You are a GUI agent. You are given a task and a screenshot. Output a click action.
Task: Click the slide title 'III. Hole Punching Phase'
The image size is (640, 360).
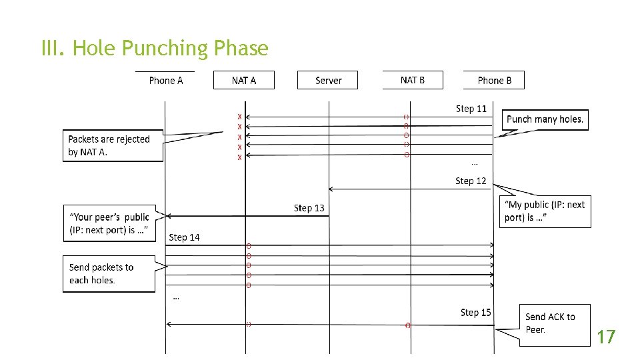[x=155, y=49]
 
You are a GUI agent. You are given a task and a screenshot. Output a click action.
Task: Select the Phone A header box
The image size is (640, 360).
[x=165, y=80]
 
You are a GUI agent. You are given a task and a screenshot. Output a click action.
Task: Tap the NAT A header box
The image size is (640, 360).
[x=243, y=80]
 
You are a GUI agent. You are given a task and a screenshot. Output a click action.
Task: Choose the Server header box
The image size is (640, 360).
[x=328, y=80]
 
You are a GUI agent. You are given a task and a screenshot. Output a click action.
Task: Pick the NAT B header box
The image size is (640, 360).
[x=412, y=80]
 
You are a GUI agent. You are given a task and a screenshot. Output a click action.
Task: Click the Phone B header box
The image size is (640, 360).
[x=494, y=80]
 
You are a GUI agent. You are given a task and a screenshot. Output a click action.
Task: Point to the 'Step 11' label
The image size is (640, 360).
[x=471, y=109]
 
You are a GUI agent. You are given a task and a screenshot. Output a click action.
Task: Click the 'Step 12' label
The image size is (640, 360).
[x=471, y=181]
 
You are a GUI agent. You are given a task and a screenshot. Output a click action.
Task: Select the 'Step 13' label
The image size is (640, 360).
[x=309, y=208]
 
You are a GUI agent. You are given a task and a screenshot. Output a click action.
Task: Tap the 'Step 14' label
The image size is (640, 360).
[x=184, y=237]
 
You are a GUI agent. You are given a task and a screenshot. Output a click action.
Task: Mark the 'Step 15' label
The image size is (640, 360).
[x=475, y=312]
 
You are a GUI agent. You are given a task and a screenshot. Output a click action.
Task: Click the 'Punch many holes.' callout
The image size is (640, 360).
[x=545, y=119]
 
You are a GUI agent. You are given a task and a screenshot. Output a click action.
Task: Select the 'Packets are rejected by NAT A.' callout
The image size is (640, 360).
[x=113, y=145]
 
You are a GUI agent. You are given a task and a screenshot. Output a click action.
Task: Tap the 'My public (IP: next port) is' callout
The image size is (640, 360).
[x=545, y=211]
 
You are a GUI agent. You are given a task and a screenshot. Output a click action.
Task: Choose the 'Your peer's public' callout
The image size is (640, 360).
[x=109, y=223]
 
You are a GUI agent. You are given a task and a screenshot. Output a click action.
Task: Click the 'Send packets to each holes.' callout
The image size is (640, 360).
[x=109, y=273]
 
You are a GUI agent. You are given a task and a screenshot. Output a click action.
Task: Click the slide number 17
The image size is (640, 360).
[x=605, y=337]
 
